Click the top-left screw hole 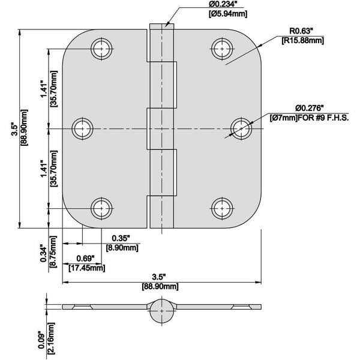coord(102,48)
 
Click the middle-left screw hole coord(83,128)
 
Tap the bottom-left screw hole coord(102,208)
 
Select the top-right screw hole coord(222,48)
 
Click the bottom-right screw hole coord(222,208)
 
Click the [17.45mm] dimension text coord(87,268)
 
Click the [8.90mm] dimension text coord(122,247)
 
